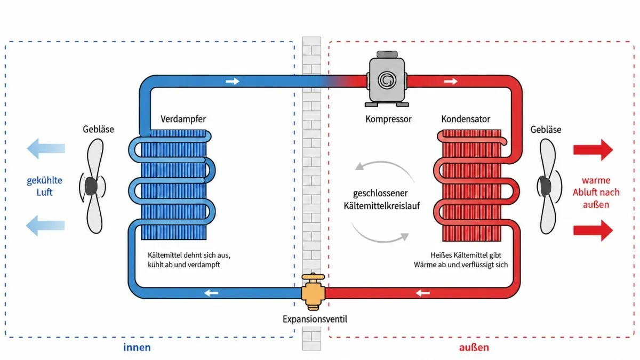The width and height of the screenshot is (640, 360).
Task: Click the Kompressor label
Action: coord(388,119)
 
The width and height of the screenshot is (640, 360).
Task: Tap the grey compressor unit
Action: coord(387,79)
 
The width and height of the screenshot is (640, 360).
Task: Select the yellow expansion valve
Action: coord(313,292)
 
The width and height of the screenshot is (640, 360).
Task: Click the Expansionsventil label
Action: coord(315,319)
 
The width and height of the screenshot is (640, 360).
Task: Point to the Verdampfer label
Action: coord(183,119)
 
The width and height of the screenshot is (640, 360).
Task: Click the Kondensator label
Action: coord(466,119)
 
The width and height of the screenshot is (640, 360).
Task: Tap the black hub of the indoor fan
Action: coord(91,186)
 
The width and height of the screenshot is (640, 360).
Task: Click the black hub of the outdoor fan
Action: coord(545,186)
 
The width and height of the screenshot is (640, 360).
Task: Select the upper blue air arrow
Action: coord(46,149)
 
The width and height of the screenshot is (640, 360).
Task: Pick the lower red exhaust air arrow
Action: coord(593,230)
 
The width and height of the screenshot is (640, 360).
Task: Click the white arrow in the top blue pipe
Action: coord(233,82)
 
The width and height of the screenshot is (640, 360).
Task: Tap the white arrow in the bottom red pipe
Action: coord(423,293)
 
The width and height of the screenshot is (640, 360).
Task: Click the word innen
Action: coord(137,347)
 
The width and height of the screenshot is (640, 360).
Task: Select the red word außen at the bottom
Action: coord(474,347)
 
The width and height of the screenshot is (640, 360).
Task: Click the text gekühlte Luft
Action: coord(45,186)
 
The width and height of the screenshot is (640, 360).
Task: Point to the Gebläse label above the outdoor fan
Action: coord(546,130)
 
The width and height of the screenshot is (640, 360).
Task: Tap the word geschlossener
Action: coord(380,194)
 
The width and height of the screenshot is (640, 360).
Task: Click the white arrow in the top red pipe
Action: coord(451,82)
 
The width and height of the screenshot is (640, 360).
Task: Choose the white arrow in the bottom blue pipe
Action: coord(211,293)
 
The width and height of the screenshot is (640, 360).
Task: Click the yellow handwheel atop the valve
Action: coord(313,276)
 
